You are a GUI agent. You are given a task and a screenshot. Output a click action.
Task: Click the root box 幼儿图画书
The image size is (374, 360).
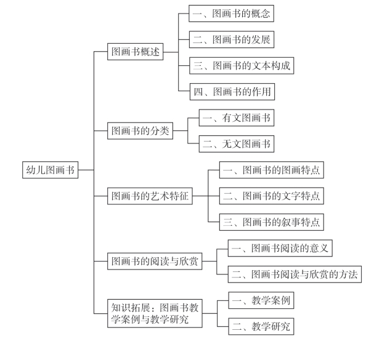pos(51,170)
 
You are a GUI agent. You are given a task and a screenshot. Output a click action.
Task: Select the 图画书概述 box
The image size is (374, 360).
pos(135,52)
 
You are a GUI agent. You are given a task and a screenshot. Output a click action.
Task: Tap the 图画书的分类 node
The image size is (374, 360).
pos(140,130)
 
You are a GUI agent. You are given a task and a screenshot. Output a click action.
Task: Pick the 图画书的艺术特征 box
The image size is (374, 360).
pos(150,196)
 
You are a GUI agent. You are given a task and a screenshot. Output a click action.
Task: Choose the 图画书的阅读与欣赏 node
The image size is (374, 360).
pos(155,261)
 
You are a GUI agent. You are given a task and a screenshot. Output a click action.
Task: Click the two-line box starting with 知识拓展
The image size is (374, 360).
pos(155,313)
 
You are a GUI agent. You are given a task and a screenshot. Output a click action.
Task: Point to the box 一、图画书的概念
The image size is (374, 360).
pos(232,14)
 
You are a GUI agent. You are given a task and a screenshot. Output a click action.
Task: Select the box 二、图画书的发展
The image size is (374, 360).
pos(232,39)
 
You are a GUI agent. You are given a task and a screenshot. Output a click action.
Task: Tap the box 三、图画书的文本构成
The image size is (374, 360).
pos(242,65)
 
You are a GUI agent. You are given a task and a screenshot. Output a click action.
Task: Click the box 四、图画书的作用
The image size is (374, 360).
pos(232,92)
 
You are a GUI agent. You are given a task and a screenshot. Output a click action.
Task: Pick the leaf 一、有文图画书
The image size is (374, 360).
pos(237,118)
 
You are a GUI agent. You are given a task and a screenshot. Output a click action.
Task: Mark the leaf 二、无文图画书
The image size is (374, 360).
pos(237,143)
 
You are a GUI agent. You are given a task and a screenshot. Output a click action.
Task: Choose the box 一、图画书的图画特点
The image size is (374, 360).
pos(272,170)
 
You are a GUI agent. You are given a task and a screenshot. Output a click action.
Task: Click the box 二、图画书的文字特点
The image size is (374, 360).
pos(272,196)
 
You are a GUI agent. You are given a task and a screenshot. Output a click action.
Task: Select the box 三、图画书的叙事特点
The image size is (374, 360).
pos(272,222)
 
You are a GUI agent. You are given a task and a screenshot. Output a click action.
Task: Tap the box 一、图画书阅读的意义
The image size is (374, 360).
pos(280,248)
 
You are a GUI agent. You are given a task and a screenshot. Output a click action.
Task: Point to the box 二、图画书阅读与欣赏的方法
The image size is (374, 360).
pos(295,274)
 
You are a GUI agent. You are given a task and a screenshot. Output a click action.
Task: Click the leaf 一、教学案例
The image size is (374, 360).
pos(261,300)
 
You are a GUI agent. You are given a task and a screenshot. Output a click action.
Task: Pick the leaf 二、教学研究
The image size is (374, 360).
pos(261,326)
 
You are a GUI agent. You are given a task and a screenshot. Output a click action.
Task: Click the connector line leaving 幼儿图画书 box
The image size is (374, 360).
pos(86,170)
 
